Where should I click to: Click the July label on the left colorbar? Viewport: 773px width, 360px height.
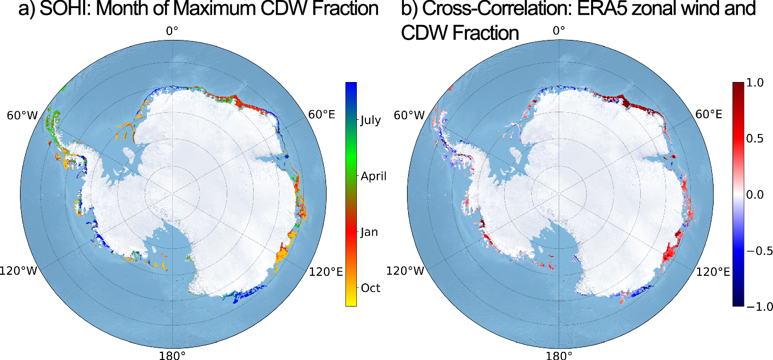(x=370, y=120)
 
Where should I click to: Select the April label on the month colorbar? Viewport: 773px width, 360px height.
(x=374, y=176)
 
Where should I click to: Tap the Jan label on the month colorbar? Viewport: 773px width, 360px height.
(x=369, y=232)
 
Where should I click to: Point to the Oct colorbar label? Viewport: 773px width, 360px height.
(x=370, y=288)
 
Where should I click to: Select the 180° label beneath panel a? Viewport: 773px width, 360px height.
(x=172, y=355)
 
